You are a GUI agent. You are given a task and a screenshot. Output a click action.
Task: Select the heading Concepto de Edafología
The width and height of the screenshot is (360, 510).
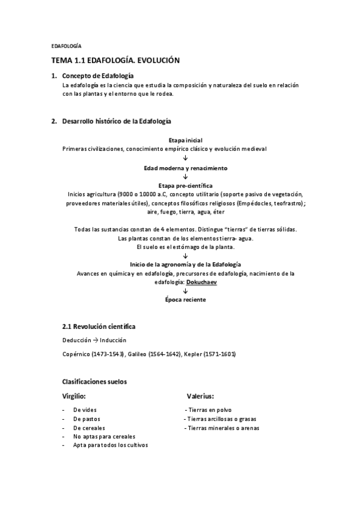click(98, 76)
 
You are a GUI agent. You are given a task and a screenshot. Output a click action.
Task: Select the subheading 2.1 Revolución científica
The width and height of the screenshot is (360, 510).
click(99, 327)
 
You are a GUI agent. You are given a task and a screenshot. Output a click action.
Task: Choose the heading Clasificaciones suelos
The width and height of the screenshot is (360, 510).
click(94, 381)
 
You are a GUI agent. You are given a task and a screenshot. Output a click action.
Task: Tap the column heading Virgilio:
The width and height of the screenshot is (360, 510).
click(74, 396)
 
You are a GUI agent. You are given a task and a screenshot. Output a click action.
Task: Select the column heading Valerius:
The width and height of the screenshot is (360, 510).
click(200, 396)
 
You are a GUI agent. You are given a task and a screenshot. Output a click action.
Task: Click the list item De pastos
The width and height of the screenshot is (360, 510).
click(87, 419)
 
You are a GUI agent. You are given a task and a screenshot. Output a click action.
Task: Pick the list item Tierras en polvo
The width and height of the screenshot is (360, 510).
click(210, 409)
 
